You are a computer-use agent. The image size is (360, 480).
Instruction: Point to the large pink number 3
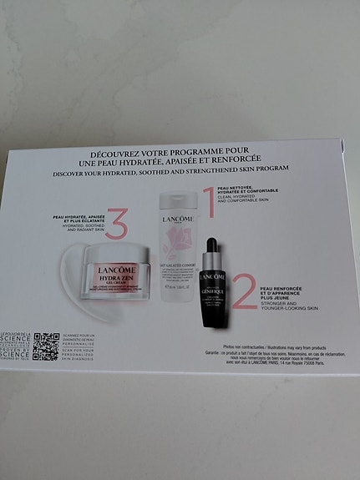click(116, 223)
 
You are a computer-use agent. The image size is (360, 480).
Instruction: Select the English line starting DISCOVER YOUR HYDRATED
click(170, 168)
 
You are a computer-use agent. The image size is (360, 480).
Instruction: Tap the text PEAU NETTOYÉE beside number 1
click(235, 189)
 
